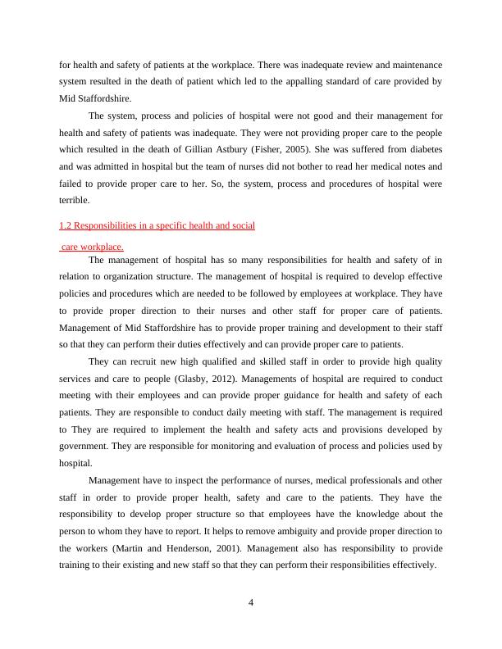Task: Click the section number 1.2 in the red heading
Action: pyautogui.click(x=66, y=225)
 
